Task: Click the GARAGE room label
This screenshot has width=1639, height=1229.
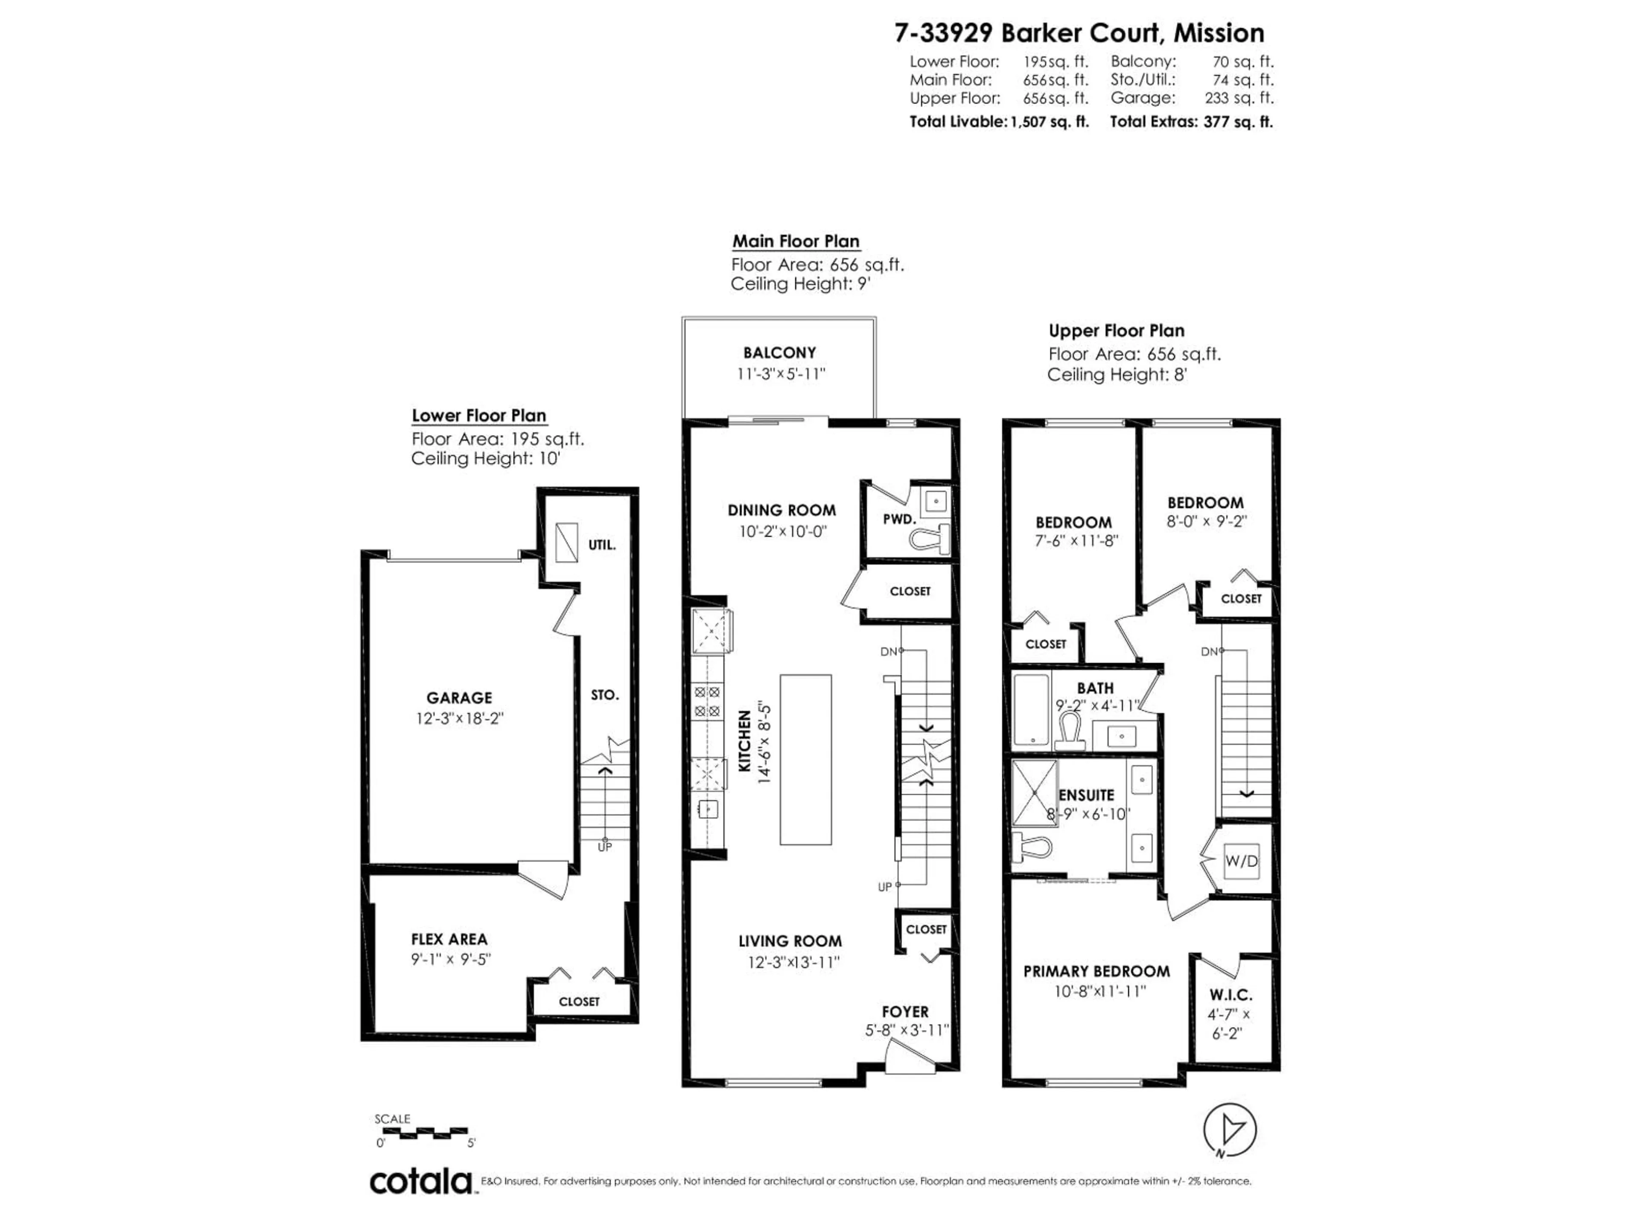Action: pos(459,698)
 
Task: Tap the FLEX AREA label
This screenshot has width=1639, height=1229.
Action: pos(449,939)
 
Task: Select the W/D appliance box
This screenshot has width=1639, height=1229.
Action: pos(1241,861)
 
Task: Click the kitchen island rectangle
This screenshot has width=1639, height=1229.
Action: pos(805,759)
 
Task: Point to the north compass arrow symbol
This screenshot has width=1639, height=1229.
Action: pos(1230,1130)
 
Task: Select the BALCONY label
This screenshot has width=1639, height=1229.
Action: pos(779,352)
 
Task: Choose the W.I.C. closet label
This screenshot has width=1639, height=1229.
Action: pos(1231,995)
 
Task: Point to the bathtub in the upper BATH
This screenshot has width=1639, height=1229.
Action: pos(1031,709)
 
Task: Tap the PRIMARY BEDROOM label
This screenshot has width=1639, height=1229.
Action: pos(1097,971)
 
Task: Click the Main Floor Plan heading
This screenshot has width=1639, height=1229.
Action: pos(796,242)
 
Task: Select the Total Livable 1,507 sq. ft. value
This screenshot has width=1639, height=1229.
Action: pos(1049,122)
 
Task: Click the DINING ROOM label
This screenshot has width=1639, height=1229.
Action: pos(782,510)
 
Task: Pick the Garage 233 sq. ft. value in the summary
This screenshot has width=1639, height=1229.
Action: pos(1239,98)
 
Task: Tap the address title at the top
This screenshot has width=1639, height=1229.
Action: pos(1079,33)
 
